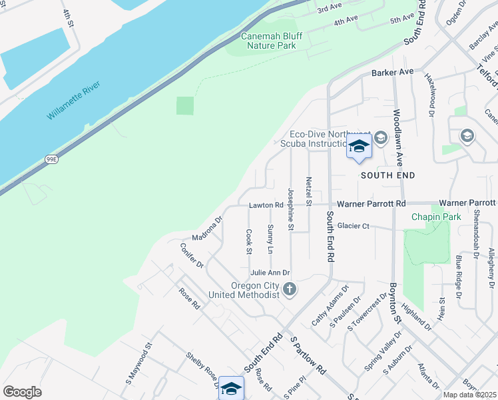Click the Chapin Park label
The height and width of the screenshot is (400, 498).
pos(436,217)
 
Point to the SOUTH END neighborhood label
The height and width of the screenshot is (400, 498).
pos(387,175)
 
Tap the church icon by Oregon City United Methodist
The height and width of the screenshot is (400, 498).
pos(289,289)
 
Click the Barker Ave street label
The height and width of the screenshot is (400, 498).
pos(393,72)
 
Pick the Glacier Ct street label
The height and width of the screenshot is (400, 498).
pos(353,226)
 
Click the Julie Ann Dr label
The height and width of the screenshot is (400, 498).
pos(270,273)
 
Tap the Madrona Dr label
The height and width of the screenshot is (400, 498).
pos(206,228)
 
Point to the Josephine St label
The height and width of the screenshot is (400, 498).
pos(291,209)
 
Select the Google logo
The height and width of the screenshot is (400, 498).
pos(22,392)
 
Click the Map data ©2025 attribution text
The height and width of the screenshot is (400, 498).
pos(469,395)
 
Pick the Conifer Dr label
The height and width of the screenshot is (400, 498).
pos(192,255)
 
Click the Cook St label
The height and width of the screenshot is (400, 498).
pos(248,241)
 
